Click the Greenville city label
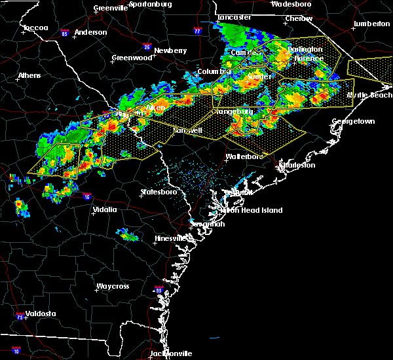tap(111, 8)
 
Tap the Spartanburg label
tap(150, 3)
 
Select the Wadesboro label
tap(291, 3)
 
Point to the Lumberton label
tap(371, 24)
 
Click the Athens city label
tap(29, 75)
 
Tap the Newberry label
tap(171, 50)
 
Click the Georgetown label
tap(353, 122)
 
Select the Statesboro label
tap(159, 192)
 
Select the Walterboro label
tap(244, 156)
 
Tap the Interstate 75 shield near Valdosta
tap(20, 317)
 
